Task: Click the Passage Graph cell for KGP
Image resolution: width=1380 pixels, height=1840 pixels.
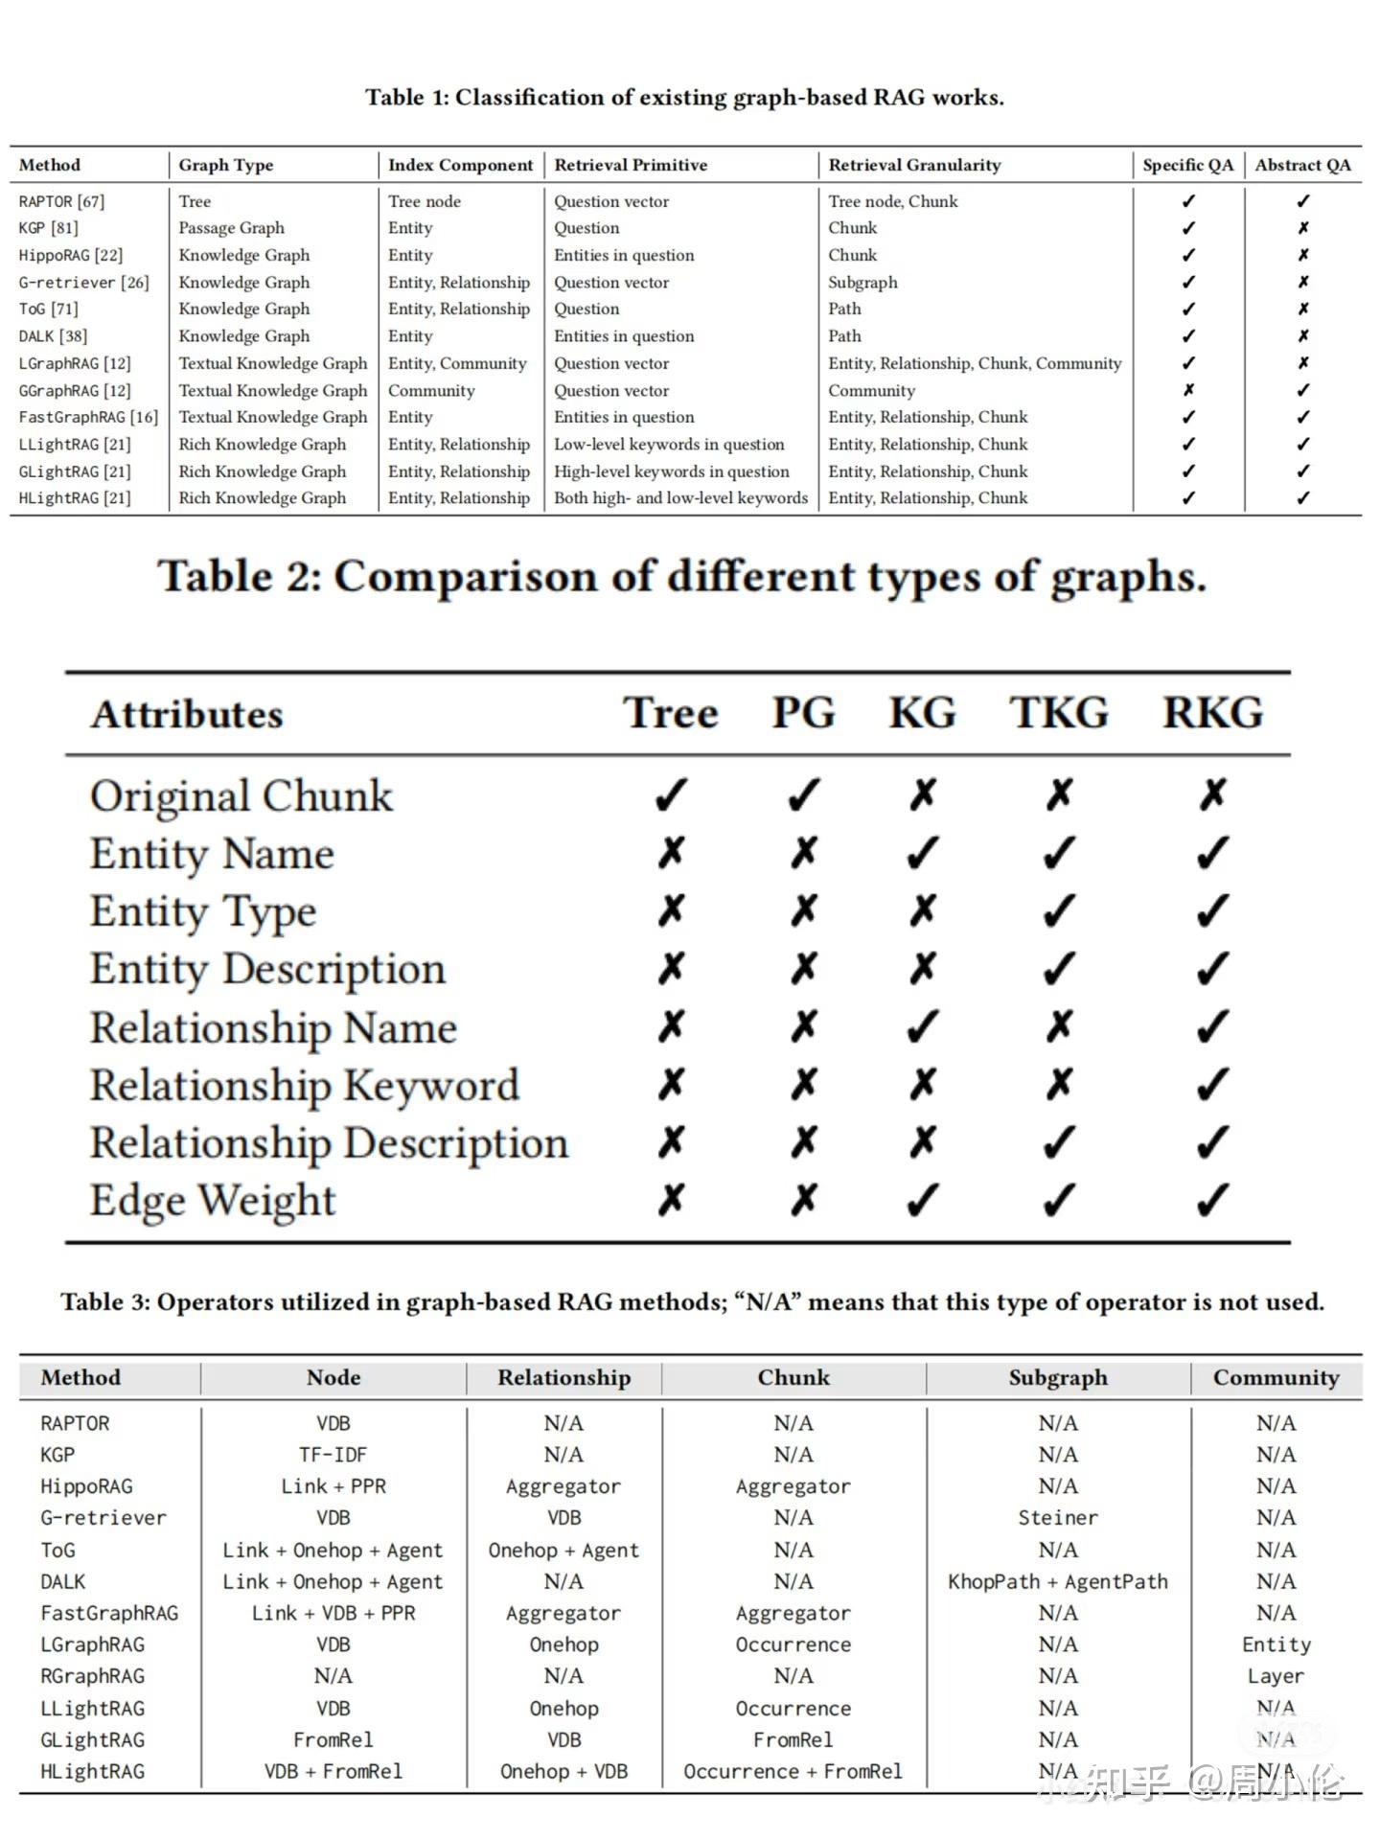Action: coord(231,228)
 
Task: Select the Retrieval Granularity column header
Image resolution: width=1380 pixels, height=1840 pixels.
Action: coord(914,165)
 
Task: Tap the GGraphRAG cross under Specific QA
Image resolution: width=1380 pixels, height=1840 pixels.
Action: coord(1188,390)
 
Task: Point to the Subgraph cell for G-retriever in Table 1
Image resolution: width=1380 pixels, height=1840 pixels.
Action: coord(862,282)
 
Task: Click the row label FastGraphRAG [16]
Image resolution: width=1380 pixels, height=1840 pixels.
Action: coord(88,417)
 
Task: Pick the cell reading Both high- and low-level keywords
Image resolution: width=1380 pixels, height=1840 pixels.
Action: coord(680,498)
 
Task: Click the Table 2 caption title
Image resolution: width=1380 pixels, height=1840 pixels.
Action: coord(681,577)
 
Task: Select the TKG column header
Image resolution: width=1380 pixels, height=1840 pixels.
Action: coord(1059,713)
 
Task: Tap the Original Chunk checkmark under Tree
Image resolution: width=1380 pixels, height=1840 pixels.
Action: coord(671,794)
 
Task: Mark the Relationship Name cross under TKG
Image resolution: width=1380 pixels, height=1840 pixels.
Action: coord(1059,1026)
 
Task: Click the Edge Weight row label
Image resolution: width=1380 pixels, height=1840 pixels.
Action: coord(213,1200)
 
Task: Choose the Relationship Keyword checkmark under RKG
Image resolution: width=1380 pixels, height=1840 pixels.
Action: coord(1212,1084)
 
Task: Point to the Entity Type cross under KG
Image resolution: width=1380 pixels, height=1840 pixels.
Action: coord(922,910)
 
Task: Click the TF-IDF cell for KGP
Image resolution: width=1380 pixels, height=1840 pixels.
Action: coord(333,1455)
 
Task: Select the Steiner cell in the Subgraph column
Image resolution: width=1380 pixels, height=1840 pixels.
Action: coord(1058,1518)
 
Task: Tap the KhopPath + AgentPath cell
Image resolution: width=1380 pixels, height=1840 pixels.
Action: coord(1058,1581)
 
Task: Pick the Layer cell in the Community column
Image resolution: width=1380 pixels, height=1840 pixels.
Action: coord(1276,1676)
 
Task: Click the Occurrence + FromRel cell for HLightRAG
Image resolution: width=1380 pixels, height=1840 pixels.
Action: coord(793,1771)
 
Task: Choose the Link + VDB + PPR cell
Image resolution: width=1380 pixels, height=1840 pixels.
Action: coord(333,1613)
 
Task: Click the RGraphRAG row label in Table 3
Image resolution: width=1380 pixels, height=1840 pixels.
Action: coord(92,1676)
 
